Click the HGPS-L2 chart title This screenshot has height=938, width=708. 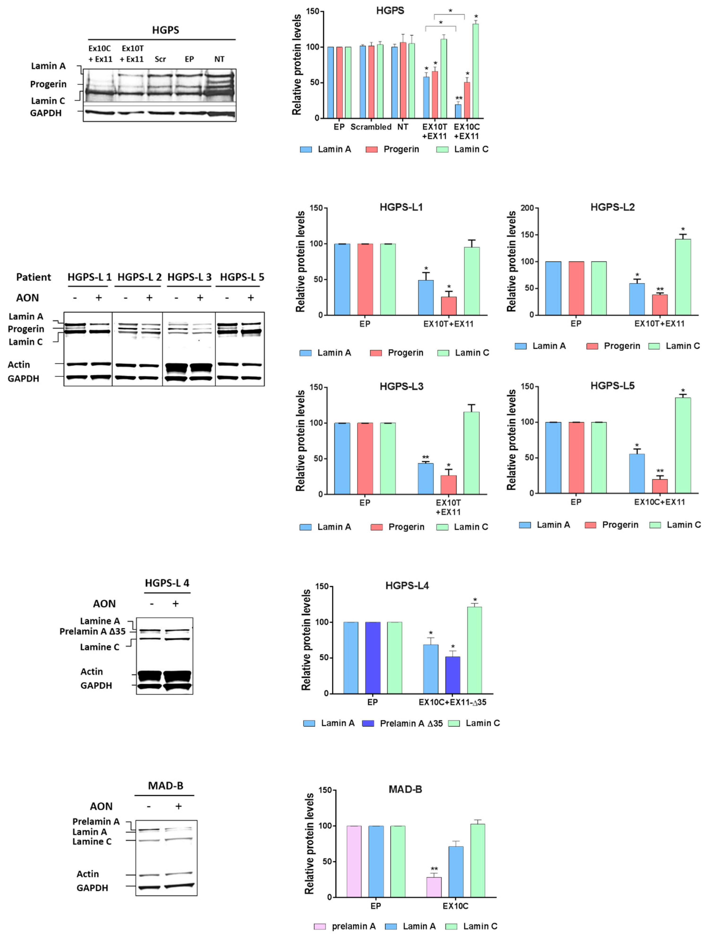(612, 207)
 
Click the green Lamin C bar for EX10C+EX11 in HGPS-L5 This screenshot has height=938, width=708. (682, 445)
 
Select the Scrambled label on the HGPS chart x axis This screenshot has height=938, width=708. (371, 127)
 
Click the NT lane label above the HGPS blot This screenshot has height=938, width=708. (219, 59)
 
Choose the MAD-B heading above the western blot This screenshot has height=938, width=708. (165, 786)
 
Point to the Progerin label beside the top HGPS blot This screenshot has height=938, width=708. (48, 84)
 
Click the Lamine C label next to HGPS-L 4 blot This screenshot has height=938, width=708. (100, 647)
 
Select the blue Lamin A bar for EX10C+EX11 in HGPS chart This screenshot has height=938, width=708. (458, 111)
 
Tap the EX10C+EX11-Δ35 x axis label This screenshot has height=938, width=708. (452, 702)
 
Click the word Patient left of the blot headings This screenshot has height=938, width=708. (34, 277)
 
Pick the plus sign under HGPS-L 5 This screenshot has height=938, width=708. (250, 298)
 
